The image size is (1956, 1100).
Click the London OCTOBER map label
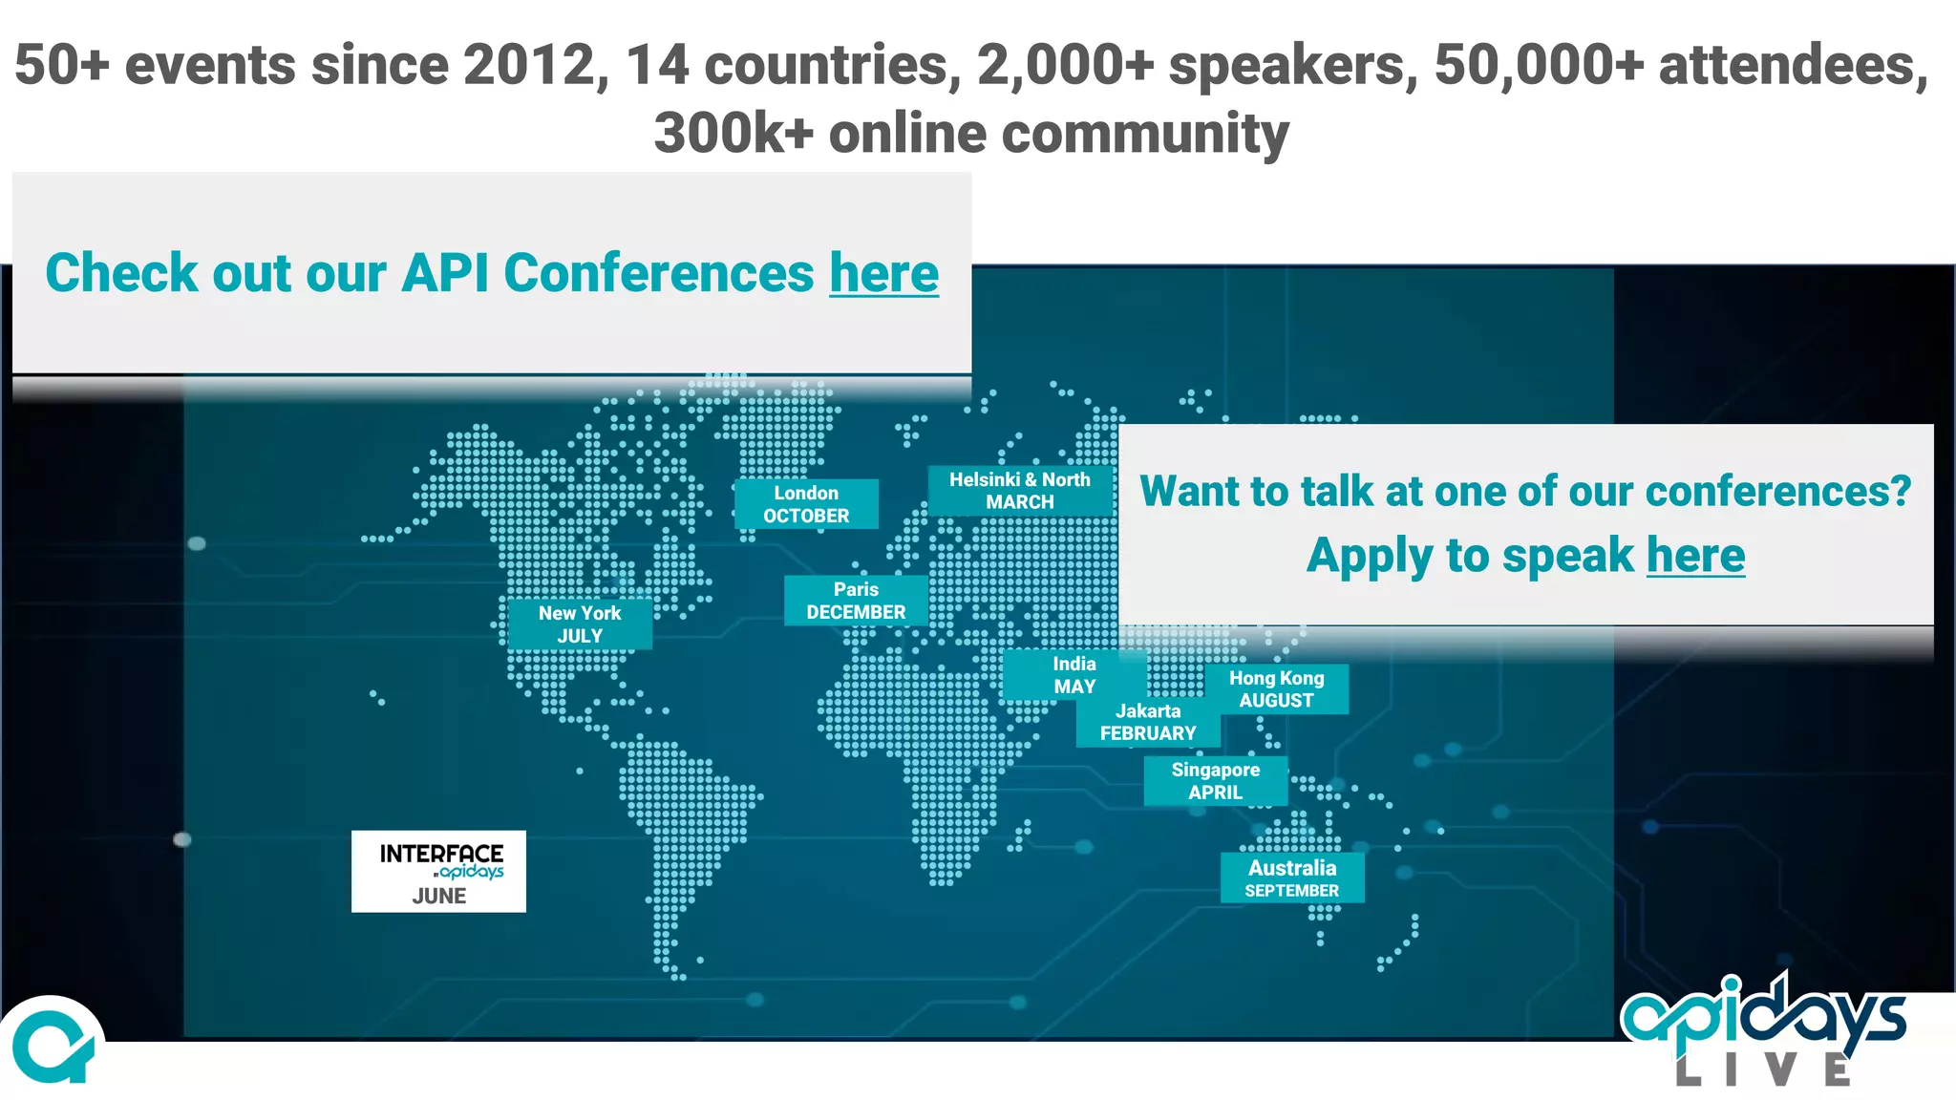point(806,504)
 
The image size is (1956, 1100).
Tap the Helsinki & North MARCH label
point(1020,491)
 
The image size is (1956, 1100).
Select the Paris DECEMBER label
point(856,601)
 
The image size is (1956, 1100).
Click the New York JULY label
point(580,624)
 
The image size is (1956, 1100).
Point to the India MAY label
point(1074,675)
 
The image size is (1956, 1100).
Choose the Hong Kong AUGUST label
point(1277,689)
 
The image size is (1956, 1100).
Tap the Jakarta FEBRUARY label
point(1148,723)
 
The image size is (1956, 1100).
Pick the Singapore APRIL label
point(1216,781)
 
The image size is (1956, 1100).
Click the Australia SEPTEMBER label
point(1292,878)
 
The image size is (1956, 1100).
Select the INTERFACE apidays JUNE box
point(438,872)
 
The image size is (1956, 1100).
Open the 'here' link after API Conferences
point(883,274)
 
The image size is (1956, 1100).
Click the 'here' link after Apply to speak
point(1695,556)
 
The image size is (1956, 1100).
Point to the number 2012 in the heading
point(529,65)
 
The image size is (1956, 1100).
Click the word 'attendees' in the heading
point(1794,65)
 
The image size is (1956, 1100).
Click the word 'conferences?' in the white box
point(1778,492)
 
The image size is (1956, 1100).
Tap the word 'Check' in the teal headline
point(121,274)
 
